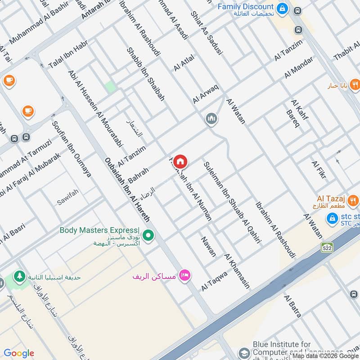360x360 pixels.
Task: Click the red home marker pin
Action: [x=180, y=161]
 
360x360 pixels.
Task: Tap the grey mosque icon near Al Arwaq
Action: [x=211, y=119]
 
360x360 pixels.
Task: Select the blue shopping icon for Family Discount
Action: [x=282, y=8]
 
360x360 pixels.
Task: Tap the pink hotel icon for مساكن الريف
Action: [x=184, y=275]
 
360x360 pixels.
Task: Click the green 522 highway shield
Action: [x=327, y=247]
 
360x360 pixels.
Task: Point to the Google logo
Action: [x=19, y=353]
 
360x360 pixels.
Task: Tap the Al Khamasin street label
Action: [x=237, y=271]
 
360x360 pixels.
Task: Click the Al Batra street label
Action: [x=292, y=306]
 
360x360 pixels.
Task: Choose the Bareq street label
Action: [x=292, y=117]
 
